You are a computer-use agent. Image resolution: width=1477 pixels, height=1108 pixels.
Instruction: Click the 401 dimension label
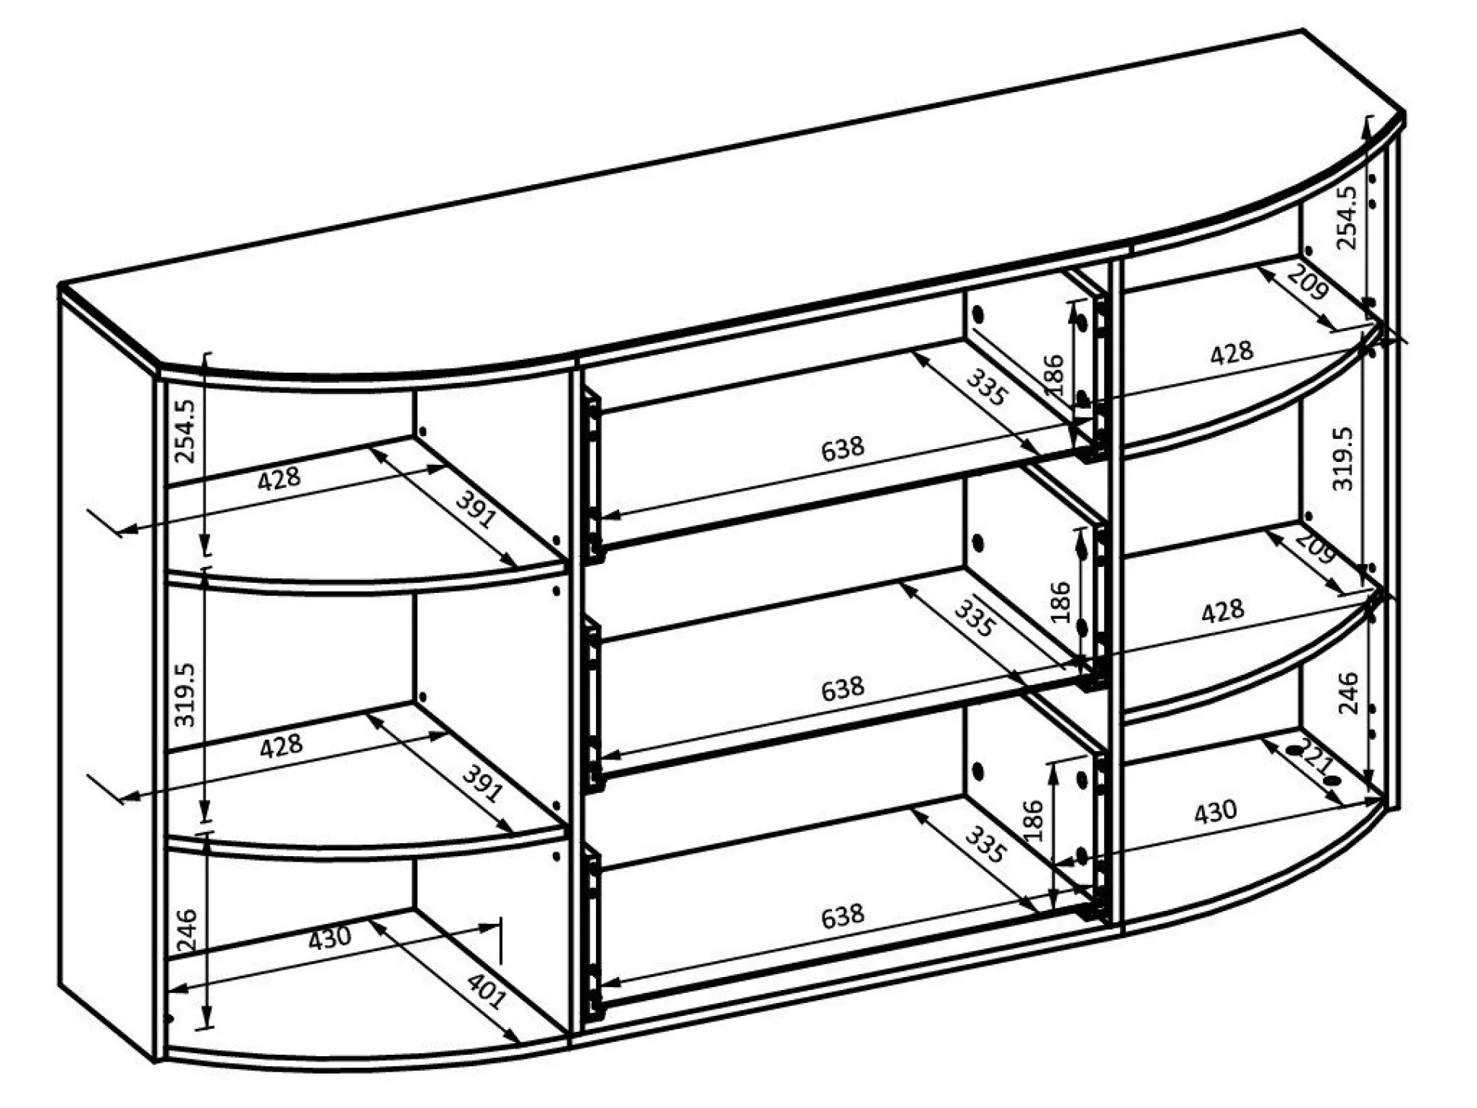click(x=486, y=991)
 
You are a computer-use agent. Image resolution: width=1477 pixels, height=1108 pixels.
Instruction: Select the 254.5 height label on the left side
click(x=185, y=431)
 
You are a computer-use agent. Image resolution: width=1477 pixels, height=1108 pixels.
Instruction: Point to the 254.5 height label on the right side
click(x=1346, y=218)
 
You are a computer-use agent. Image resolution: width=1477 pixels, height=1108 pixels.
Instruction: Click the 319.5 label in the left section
click(x=185, y=694)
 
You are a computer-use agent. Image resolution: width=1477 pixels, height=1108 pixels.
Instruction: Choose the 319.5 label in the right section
click(x=1343, y=458)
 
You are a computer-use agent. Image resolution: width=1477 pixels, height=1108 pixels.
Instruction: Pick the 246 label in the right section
click(x=1348, y=692)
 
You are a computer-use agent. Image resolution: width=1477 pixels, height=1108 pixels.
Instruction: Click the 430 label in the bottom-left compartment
click(x=330, y=938)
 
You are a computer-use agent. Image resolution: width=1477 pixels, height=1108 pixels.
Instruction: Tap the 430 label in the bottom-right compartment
click(x=1215, y=812)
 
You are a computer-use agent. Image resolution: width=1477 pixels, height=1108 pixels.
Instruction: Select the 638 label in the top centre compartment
click(x=843, y=448)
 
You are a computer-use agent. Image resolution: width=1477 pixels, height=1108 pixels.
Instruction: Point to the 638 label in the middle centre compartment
click(x=843, y=689)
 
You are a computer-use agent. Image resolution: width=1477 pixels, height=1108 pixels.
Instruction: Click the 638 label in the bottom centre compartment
click(x=843, y=915)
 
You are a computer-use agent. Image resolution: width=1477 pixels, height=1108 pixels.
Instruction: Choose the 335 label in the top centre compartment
click(x=987, y=387)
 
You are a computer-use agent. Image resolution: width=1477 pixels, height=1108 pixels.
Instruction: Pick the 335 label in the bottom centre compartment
click(x=985, y=845)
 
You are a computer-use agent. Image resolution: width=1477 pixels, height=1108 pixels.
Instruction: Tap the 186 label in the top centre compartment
click(x=1054, y=374)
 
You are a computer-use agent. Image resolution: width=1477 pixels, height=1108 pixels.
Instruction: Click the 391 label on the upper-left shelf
click(x=476, y=509)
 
